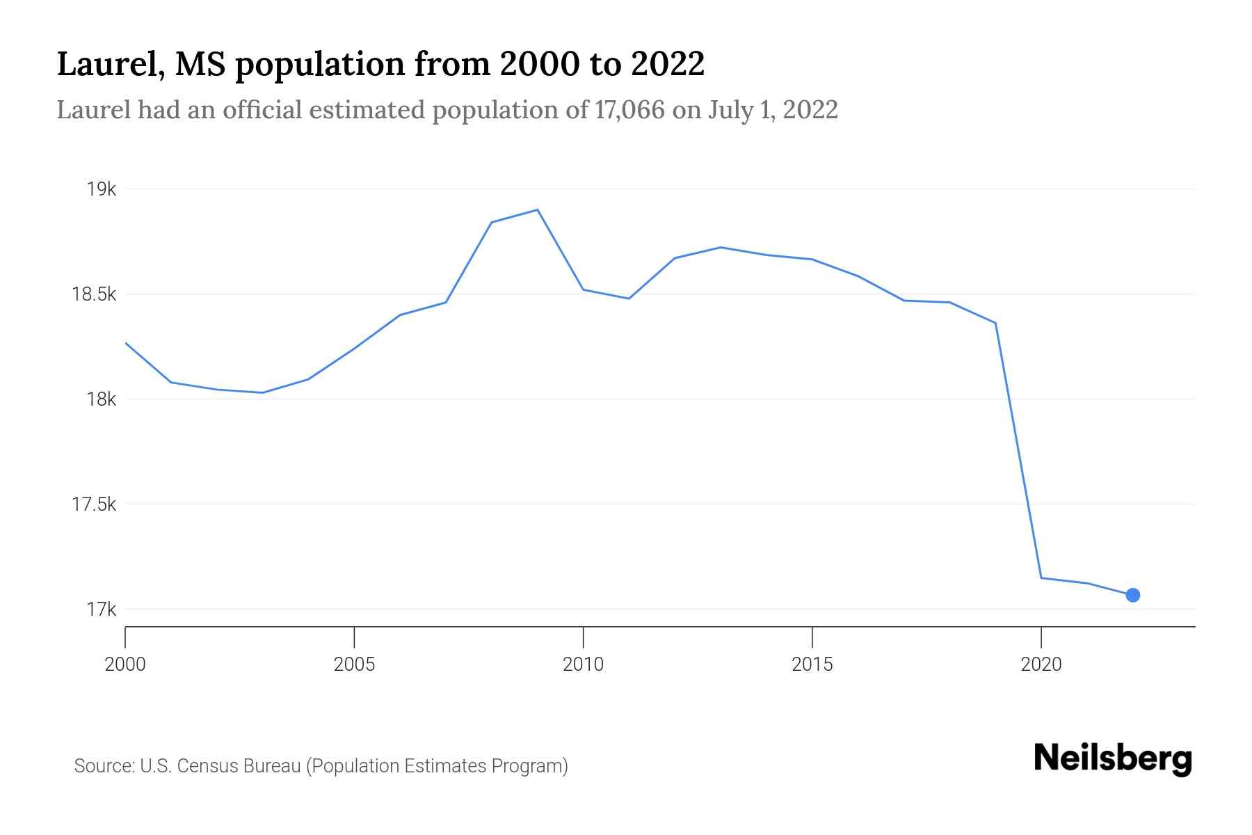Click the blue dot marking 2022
[1132, 595]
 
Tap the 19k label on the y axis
[102, 189]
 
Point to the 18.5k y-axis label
[94, 294]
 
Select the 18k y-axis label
[102, 399]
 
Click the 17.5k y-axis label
[94, 504]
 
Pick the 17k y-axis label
[102, 610]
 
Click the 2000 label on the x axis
[125, 665]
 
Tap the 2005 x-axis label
[354, 665]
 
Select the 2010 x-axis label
[583, 665]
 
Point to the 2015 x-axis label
[812, 665]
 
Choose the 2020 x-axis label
[1041, 665]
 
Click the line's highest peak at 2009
[538, 209]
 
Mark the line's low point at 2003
[262, 392]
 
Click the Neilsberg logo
[1113, 758]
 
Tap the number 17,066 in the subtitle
[629, 110]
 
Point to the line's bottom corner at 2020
[1041, 578]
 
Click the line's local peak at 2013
[721, 247]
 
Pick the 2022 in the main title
[668, 64]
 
